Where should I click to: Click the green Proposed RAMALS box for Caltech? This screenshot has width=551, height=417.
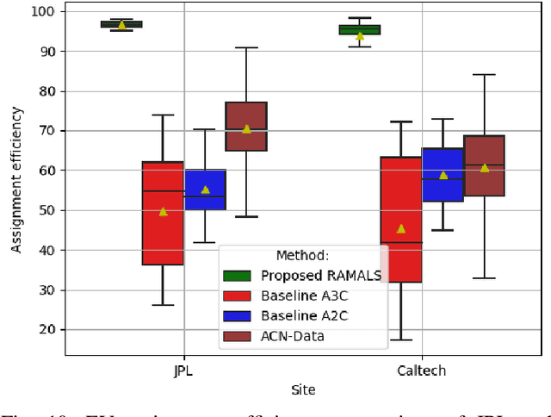pyautogui.click(x=360, y=30)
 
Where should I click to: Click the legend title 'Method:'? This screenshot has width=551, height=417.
pyautogui.click(x=300, y=256)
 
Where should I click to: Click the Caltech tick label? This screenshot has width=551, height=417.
pyautogui.click(x=422, y=371)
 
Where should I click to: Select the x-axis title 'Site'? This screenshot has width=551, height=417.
pyautogui.click(x=303, y=390)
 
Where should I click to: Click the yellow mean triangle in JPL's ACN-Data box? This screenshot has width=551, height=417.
pyautogui.click(x=246, y=129)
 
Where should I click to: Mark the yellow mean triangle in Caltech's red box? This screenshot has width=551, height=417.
pyautogui.click(x=401, y=228)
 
